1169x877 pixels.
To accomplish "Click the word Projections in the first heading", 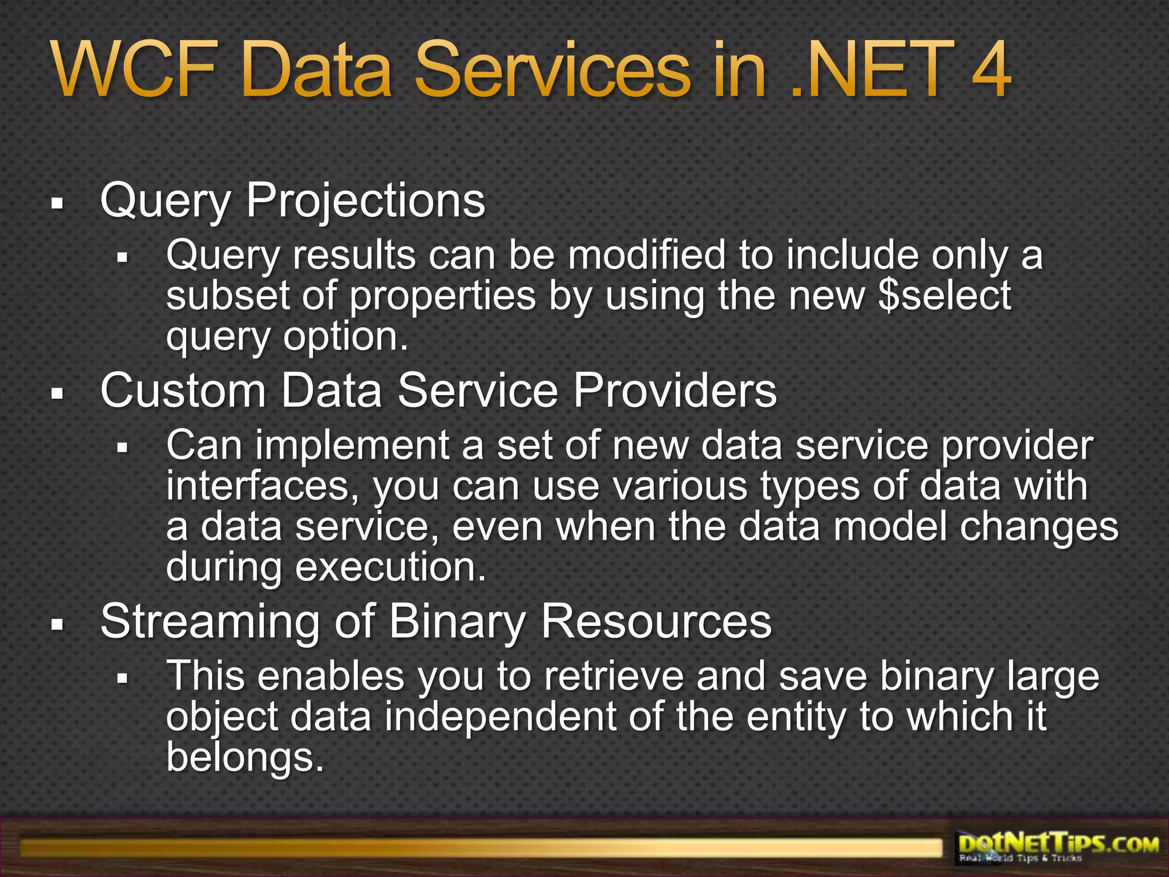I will (x=365, y=201).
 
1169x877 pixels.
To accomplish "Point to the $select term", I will (x=945, y=295).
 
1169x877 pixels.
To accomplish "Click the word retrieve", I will (x=614, y=677).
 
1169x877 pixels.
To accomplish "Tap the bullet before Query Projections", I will (x=56, y=203).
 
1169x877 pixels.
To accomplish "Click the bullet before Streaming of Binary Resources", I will (x=56, y=624).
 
